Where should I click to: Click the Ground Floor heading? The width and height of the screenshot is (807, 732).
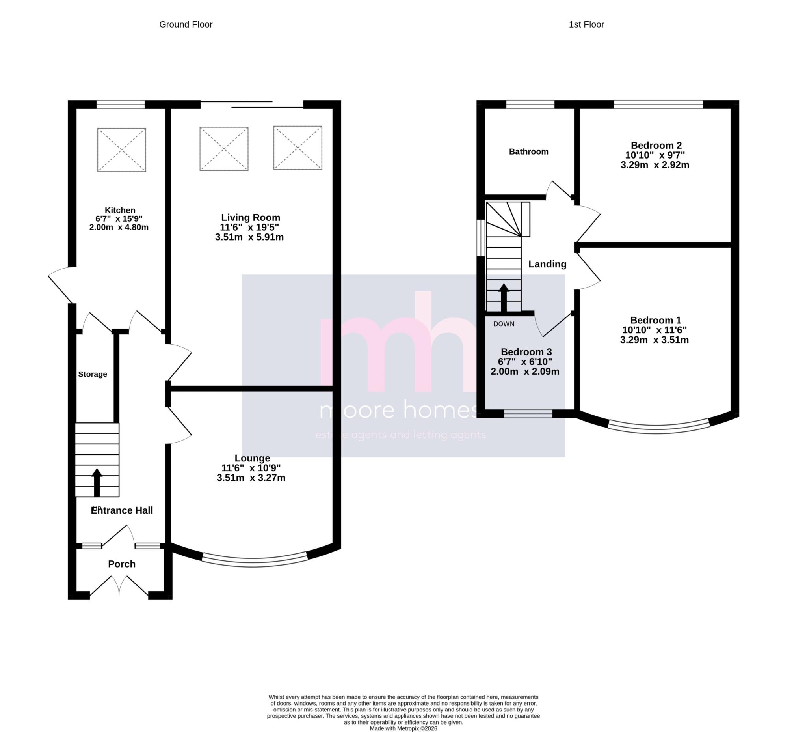click(186, 24)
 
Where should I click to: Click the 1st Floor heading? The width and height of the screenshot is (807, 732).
click(586, 24)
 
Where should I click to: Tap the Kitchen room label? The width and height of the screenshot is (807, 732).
click(120, 210)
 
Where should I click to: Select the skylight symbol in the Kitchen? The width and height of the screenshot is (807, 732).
click(122, 150)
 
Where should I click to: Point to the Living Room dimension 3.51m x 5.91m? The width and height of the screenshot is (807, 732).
click(249, 237)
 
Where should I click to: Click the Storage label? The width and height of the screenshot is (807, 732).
click(93, 374)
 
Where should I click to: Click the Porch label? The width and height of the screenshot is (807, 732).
click(122, 564)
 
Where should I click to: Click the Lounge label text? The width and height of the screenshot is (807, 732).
click(252, 458)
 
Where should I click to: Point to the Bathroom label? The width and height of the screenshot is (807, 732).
click(528, 151)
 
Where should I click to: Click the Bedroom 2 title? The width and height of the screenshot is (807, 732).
click(656, 146)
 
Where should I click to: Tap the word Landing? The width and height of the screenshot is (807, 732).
click(547, 264)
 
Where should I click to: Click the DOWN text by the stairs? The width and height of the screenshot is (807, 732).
click(504, 324)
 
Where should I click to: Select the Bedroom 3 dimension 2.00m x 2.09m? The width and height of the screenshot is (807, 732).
click(525, 372)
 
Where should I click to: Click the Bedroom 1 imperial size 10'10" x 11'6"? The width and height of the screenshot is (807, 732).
click(654, 330)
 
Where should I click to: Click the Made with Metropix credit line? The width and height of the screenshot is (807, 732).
click(403, 728)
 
